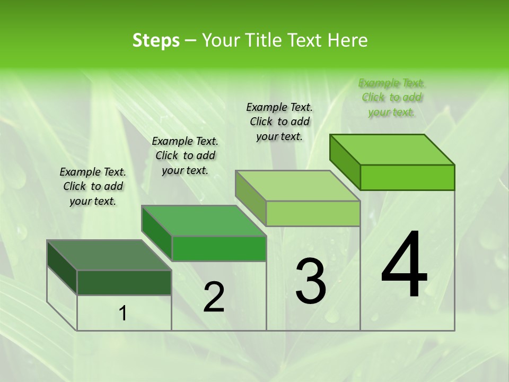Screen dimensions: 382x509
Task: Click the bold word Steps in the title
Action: (x=156, y=40)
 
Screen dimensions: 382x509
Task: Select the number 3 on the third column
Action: (x=310, y=281)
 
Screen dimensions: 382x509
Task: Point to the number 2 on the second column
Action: (x=214, y=297)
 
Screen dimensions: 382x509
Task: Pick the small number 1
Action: (x=123, y=314)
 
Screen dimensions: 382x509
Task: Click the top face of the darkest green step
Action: (x=109, y=255)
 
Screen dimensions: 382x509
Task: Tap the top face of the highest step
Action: (x=392, y=149)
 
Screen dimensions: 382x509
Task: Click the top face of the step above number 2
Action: (x=204, y=221)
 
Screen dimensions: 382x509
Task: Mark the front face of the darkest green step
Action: (x=124, y=282)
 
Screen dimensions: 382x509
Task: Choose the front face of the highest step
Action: (x=407, y=177)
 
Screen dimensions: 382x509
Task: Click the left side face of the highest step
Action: (x=345, y=162)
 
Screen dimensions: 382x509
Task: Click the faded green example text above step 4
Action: (x=392, y=98)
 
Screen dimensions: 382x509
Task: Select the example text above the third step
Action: (x=279, y=121)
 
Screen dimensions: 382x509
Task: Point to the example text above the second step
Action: (x=185, y=155)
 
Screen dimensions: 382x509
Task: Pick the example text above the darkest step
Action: (x=93, y=186)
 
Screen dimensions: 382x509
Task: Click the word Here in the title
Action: (x=348, y=40)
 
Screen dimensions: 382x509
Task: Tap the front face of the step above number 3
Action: (x=313, y=213)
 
